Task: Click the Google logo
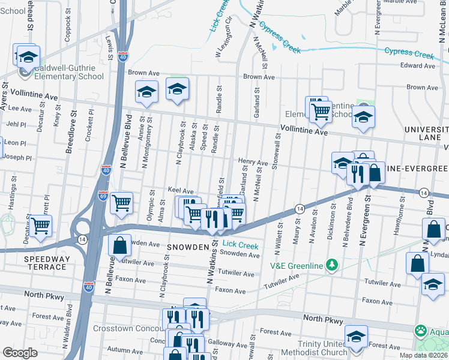tap(20, 352)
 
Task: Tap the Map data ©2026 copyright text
tap(423, 355)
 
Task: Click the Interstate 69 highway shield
tap(103, 195)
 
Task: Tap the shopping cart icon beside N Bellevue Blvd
tap(122, 203)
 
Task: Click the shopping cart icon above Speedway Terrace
tap(41, 226)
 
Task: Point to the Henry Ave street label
tap(253, 162)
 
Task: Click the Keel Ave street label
tap(180, 190)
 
